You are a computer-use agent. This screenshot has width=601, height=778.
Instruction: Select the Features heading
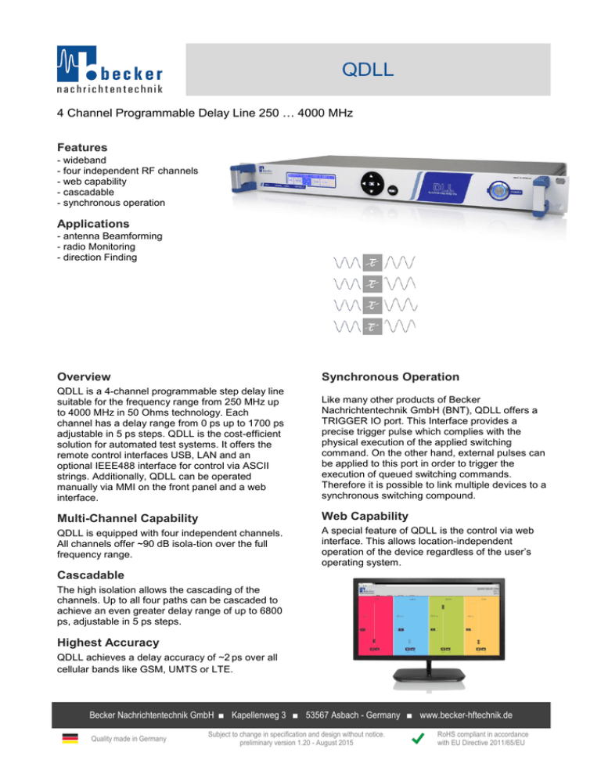coord(82,146)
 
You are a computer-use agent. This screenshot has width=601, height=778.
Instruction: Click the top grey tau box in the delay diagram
coord(374,261)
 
